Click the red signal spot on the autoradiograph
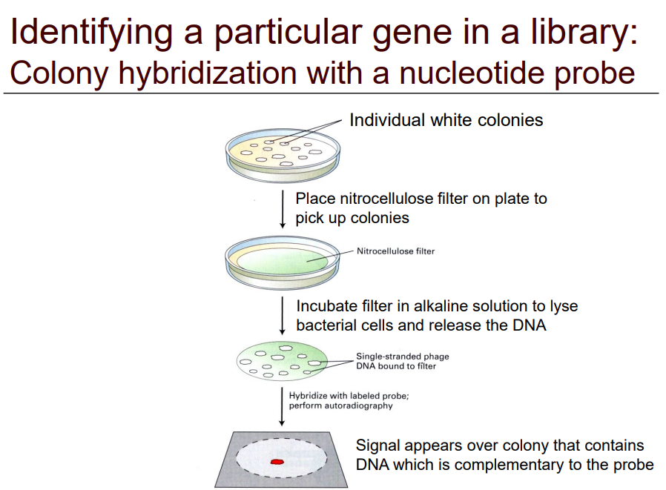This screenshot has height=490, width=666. click(277, 461)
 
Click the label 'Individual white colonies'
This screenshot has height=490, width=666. click(446, 120)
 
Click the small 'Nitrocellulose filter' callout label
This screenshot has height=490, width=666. click(395, 251)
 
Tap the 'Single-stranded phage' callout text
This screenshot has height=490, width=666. click(402, 357)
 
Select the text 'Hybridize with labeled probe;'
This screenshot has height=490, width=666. click(349, 396)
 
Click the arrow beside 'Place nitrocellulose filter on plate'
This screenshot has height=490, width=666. click(283, 209)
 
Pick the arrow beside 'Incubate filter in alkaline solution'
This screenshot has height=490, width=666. click(283, 316)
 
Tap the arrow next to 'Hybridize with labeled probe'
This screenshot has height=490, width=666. click(281, 405)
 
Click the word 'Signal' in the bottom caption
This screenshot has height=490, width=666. click(377, 446)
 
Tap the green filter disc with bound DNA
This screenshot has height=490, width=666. click(282, 360)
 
